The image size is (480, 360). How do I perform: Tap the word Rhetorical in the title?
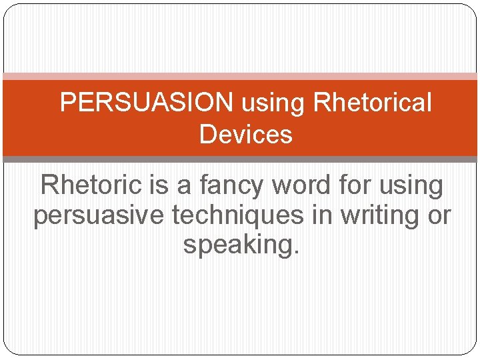pos(372,103)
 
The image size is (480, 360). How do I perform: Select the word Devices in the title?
pos(245,135)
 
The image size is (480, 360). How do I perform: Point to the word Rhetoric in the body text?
pos(92,185)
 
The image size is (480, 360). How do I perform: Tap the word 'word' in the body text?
pos(303,185)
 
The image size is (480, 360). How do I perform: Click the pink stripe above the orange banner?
pos(240,77)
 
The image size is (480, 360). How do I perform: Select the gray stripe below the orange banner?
pos(240,159)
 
